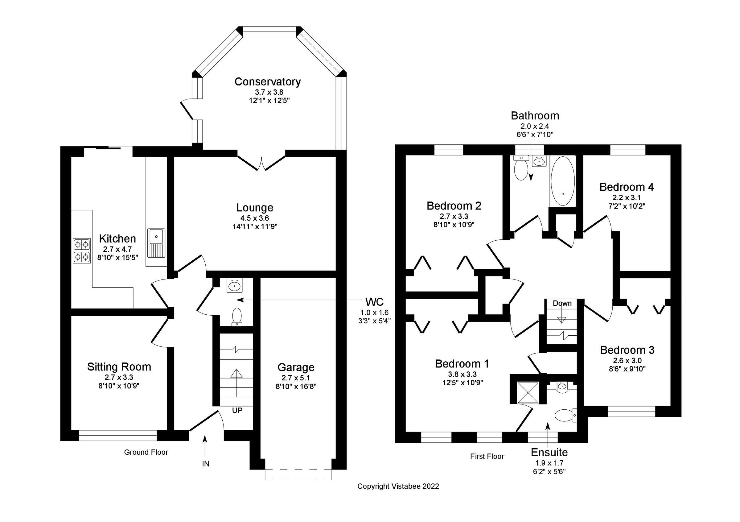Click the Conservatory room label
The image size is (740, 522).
click(267, 82)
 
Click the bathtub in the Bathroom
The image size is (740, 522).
click(562, 181)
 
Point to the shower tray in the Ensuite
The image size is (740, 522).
click(528, 392)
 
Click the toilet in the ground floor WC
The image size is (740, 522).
click(237, 317)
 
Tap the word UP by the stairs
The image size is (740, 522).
click(237, 410)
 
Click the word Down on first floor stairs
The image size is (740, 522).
click(562, 303)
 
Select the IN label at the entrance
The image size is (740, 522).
click(206, 464)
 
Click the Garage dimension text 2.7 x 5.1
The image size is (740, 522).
click(296, 378)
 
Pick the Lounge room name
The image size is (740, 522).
click(255, 208)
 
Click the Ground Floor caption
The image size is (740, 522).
click(146, 452)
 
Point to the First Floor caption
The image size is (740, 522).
click(487, 456)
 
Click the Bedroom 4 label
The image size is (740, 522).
click(627, 187)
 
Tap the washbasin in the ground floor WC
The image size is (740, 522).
click(234, 286)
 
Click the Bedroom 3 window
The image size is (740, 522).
click(631, 412)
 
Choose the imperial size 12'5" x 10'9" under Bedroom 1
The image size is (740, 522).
click(462, 383)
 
